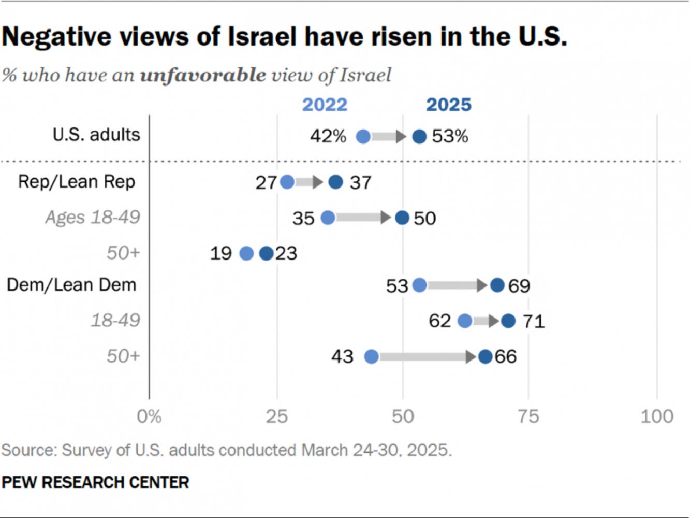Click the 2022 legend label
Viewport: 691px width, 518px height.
325,105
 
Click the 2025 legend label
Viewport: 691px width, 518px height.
449,105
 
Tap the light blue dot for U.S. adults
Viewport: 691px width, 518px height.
363,137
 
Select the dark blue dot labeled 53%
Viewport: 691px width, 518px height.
419,137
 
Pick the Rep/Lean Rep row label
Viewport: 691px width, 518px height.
77,182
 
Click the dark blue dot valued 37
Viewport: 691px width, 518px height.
336,182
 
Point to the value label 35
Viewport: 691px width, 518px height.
303,218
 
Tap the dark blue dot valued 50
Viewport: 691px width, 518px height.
402,218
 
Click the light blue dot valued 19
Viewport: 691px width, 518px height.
247,253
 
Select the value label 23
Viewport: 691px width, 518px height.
286,253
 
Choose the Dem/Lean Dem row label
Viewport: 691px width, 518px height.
71,285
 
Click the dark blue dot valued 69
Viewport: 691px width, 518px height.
497,285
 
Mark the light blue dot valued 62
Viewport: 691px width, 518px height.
465,321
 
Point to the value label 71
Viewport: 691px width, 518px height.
534,321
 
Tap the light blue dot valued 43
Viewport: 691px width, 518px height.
372,356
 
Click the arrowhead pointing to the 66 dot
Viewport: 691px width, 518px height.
471,356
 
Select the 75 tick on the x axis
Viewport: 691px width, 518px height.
528,416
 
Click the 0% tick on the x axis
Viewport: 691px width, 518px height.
149,416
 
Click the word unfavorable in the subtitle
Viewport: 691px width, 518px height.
203,75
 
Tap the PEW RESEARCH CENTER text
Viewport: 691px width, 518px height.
95,482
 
